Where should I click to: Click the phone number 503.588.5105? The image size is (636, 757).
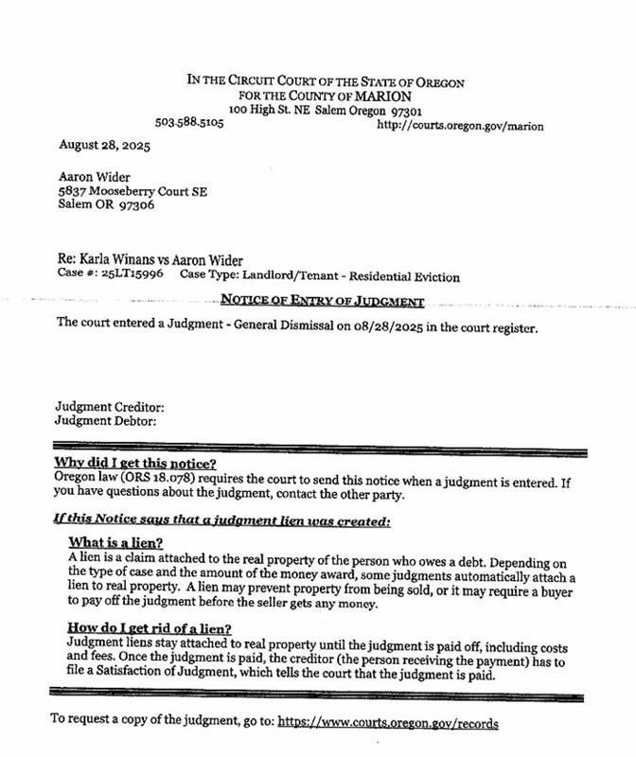[x=189, y=124]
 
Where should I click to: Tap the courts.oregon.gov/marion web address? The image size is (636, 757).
[x=460, y=125]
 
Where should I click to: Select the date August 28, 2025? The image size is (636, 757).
[x=91, y=147]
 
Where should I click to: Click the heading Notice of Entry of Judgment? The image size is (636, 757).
[x=322, y=301]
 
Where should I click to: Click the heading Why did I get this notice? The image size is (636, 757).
[x=135, y=463]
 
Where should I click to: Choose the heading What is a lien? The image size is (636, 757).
[x=115, y=544]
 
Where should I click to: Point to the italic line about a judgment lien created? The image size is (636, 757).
[x=221, y=520]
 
